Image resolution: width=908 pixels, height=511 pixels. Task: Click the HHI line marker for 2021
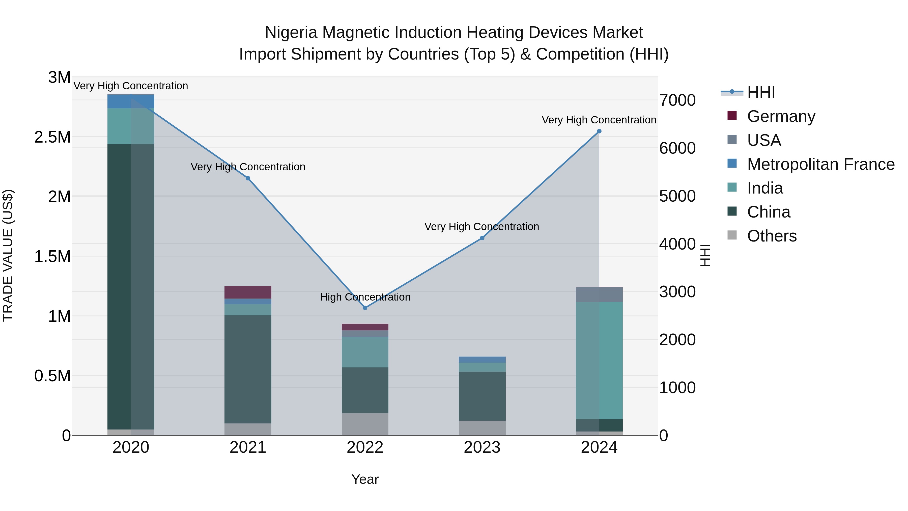pyautogui.click(x=248, y=178)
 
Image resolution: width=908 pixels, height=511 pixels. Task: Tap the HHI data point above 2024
pyautogui.click(x=599, y=131)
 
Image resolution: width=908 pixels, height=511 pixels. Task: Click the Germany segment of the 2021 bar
pyautogui.click(x=248, y=292)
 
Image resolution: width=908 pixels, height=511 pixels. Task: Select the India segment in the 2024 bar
pyautogui.click(x=599, y=360)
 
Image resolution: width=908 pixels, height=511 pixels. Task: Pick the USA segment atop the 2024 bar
pyautogui.click(x=599, y=294)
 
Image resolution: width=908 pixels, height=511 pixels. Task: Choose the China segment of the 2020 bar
pyautogui.click(x=131, y=286)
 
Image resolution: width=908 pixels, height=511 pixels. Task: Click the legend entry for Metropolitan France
pyautogui.click(x=820, y=164)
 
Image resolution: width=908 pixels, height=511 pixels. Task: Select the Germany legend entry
pyautogui.click(x=781, y=116)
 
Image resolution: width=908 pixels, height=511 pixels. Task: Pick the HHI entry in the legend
pyautogui.click(x=761, y=92)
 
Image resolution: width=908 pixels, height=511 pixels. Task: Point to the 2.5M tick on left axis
pyautogui.click(x=52, y=137)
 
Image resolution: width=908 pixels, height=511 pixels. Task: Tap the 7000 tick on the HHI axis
pyautogui.click(x=677, y=100)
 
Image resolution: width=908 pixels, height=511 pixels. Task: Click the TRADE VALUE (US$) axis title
pyautogui.click(x=8, y=256)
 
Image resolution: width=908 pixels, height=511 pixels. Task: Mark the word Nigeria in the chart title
pyautogui.click(x=291, y=33)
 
